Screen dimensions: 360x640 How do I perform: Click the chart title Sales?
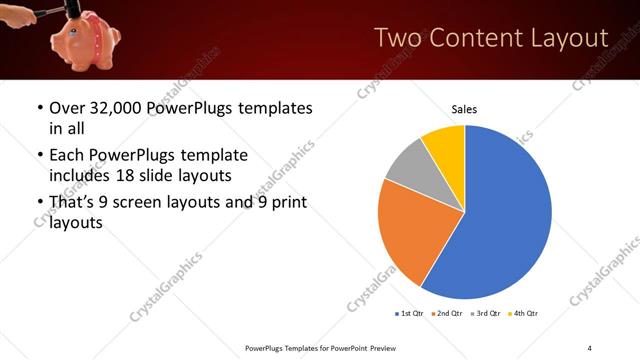pos(464,108)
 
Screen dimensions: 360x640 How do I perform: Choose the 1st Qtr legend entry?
pos(410,314)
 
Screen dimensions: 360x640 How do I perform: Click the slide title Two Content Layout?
pos(490,38)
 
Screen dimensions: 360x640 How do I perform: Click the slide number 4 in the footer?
pos(590,347)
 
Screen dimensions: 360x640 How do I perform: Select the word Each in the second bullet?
pos(68,156)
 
